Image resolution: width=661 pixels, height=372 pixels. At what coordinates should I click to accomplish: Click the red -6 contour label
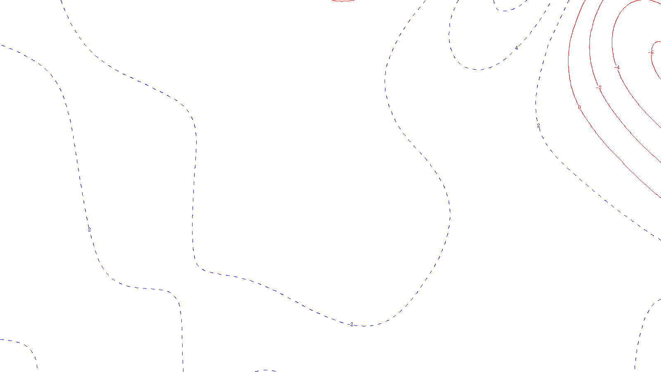[x=651, y=52]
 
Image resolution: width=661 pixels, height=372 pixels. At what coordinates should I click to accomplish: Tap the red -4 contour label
[x=617, y=67]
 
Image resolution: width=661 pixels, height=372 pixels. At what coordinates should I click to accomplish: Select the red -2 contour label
[x=599, y=88]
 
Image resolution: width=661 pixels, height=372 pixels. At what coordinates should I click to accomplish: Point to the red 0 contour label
[x=579, y=107]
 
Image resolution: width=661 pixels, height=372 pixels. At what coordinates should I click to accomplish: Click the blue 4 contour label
[x=516, y=48]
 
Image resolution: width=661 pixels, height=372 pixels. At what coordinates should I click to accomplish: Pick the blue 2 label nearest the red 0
[x=538, y=125]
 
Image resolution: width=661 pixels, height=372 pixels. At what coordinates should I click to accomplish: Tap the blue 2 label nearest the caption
[x=352, y=324]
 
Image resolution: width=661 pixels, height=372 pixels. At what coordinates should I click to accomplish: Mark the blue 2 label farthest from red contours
[x=89, y=229]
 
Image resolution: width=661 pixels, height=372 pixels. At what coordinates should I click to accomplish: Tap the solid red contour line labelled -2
[x=620, y=120]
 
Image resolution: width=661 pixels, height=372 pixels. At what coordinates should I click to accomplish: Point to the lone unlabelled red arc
[x=343, y=1]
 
